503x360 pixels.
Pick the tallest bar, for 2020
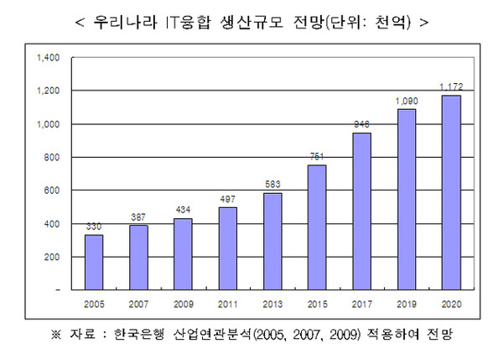coord(452,192)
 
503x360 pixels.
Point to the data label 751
coord(317,155)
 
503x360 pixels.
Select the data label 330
coord(95,226)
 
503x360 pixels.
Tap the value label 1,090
coord(407,100)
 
